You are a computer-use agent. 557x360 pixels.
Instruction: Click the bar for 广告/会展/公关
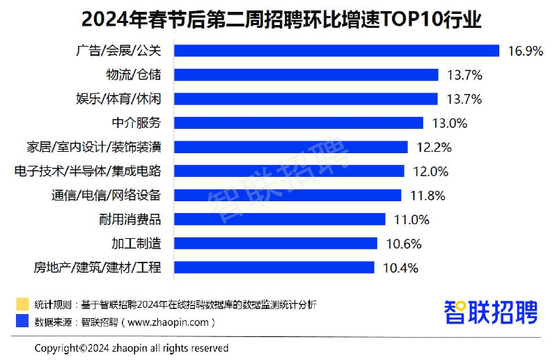click(336, 51)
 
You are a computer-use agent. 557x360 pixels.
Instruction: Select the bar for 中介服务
click(299, 123)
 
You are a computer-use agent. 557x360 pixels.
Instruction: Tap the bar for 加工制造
click(276, 243)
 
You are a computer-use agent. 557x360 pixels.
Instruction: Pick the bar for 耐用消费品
click(279, 219)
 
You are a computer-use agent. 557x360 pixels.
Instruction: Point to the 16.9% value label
click(526, 51)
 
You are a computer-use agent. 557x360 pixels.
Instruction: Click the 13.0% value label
click(449, 123)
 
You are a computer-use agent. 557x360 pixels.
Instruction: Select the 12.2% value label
click(434, 147)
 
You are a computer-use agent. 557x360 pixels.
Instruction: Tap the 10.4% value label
click(400, 267)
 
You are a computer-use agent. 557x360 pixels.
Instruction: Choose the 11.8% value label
click(427, 196)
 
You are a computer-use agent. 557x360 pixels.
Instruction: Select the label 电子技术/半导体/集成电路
click(88, 171)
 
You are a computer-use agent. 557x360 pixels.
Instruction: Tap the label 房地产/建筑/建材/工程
click(97, 267)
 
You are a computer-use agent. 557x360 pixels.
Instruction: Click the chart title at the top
click(278, 18)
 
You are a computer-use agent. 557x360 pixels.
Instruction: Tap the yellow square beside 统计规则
click(22, 304)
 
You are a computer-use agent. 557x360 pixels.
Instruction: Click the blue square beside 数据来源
click(22, 322)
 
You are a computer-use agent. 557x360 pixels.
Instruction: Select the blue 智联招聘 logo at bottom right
click(491, 311)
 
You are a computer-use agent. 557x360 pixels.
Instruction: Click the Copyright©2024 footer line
click(132, 347)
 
